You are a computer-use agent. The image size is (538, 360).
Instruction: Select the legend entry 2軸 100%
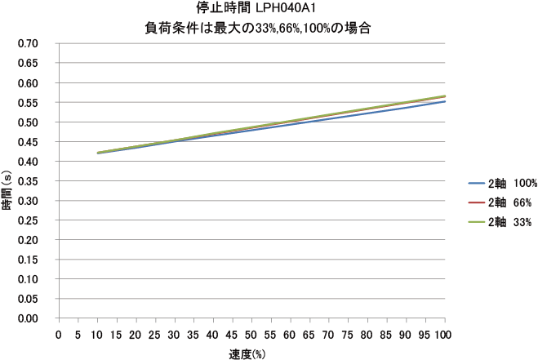click(x=507, y=184)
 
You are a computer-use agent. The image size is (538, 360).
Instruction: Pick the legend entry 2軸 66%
click(x=505, y=202)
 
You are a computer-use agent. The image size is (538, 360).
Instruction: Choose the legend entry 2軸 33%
click(x=505, y=221)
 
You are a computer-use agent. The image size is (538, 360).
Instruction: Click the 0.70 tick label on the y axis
click(x=28, y=44)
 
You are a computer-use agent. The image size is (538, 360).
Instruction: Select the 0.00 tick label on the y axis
click(x=28, y=318)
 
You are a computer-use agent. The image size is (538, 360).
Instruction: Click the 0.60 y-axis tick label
click(x=28, y=83)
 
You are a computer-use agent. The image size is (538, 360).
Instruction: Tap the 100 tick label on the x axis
click(x=445, y=335)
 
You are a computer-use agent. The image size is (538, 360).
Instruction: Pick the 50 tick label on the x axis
click(x=252, y=335)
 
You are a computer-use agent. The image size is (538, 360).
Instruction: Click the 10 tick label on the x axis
click(x=97, y=335)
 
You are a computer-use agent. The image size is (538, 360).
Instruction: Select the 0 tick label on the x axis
click(x=59, y=335)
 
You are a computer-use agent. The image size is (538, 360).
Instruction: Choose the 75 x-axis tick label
click(x=349, y=335)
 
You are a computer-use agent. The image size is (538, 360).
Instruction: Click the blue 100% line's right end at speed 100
click(x=445, y=101)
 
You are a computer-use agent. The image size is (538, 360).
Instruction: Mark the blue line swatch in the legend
click(x=476, y=184)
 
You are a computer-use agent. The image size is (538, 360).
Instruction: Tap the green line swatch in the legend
click(x=476, y=221)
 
